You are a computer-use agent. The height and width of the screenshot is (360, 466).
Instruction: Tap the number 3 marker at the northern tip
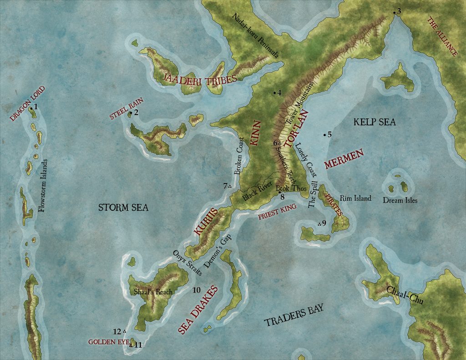[399, 11]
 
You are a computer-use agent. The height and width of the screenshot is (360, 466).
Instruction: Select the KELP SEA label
[375, 122]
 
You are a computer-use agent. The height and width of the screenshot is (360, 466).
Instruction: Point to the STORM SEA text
[124, 208]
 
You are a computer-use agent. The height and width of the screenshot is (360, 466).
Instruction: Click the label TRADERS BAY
[294, 315]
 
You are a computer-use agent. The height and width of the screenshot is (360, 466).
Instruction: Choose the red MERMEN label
[344, 159]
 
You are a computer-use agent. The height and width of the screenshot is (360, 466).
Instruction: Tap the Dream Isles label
[400, 200]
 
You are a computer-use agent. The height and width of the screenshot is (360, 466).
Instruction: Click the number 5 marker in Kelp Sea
[330, 134]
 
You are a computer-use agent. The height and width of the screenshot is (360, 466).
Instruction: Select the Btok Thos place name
[289, 188]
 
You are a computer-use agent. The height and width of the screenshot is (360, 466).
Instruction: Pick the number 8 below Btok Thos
[282, 197]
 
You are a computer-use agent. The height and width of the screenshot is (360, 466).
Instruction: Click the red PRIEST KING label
[277, 212]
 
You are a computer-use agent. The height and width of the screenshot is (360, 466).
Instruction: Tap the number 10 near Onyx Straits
[196, 289]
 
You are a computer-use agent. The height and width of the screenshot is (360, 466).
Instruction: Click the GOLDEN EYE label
[106, 341]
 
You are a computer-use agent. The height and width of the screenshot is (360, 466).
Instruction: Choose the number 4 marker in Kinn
[279, 92]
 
